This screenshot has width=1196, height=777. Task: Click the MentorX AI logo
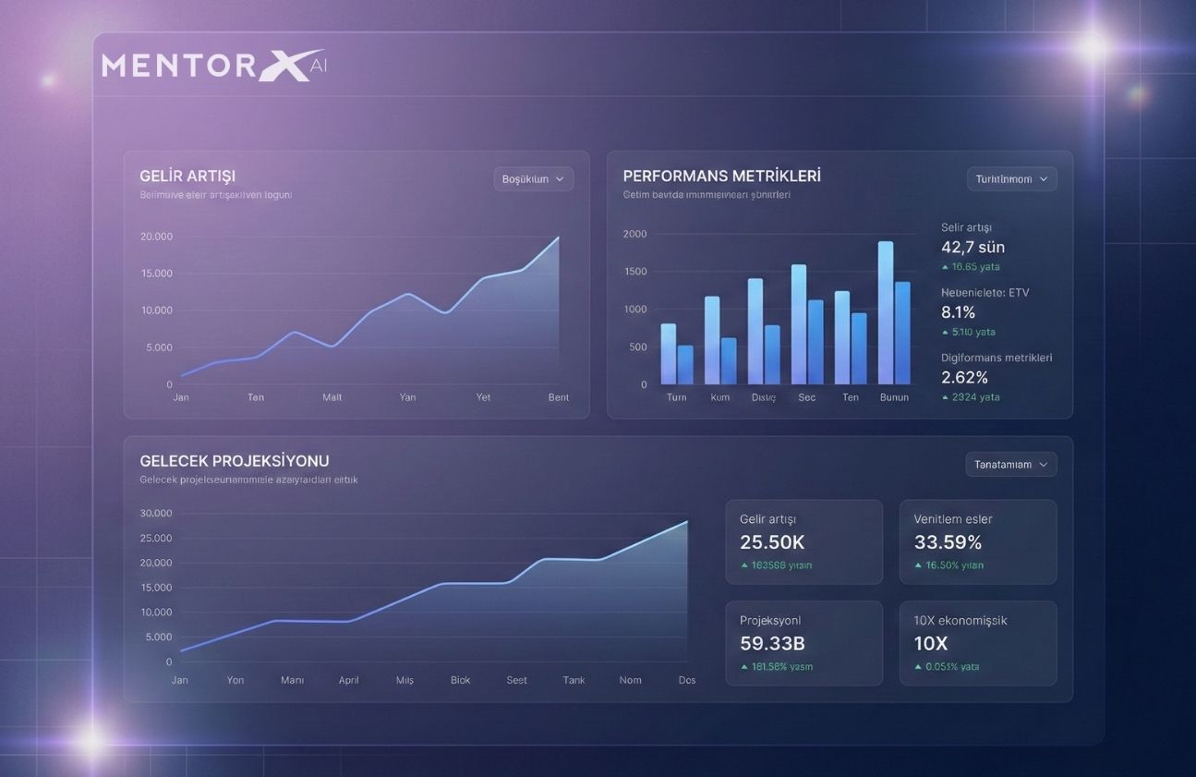[213, 66]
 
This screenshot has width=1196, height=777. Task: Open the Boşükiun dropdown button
[533, 179]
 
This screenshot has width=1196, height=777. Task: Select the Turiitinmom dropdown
[1011, 179]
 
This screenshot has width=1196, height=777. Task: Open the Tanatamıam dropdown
[1011, 465]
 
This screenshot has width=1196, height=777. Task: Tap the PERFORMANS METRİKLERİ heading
[721, 176]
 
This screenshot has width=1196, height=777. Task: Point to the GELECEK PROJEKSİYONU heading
[235, 461]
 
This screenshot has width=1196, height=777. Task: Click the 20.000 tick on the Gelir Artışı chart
[156, 237]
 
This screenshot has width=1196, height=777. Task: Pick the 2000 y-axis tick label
[635, 234]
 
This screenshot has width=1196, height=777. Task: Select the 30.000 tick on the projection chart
[156, 514]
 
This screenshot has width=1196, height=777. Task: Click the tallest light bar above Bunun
[886, 312]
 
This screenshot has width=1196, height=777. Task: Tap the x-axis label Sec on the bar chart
[807, 397]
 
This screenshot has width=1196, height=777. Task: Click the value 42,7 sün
[973, 247]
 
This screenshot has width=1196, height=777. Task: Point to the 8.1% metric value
[958, 312]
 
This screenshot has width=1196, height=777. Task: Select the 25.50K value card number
[772, 542]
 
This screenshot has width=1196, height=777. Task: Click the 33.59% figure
[948, 542]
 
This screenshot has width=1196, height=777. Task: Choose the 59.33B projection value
[773, 643]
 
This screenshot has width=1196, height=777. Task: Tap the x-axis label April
[348, 680]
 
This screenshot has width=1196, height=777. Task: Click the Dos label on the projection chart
[687, 680]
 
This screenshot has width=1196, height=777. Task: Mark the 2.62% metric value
[964, 377]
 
